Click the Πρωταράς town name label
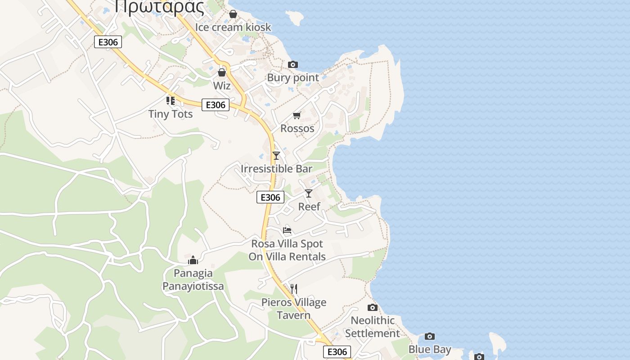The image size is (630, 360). pos(160,6)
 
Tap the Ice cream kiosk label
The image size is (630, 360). pos(233,27)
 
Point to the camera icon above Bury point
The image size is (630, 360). pos(293,65)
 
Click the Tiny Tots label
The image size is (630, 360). pos(171,114)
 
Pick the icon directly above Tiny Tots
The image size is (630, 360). pos(171,101)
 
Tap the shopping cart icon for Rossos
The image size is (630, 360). pos(297,116)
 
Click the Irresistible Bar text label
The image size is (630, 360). pos(276,169)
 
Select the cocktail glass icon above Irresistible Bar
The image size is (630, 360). pos(276,156)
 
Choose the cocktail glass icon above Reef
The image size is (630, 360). pos(309,193)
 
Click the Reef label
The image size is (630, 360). pos(309,207)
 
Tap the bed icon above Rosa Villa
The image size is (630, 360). pos(287,230)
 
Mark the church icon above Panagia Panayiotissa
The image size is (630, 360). pos(193,260)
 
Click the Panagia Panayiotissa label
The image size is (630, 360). pos(193,279)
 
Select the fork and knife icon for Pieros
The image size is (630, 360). pos(294,288)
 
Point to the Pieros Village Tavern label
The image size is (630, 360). pos(294,309)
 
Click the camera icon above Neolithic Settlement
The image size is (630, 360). pos(373,308)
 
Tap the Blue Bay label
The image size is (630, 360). pos(430,349)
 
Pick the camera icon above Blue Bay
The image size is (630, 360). pos(430,337)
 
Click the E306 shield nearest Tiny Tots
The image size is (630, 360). pos(216,105)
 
